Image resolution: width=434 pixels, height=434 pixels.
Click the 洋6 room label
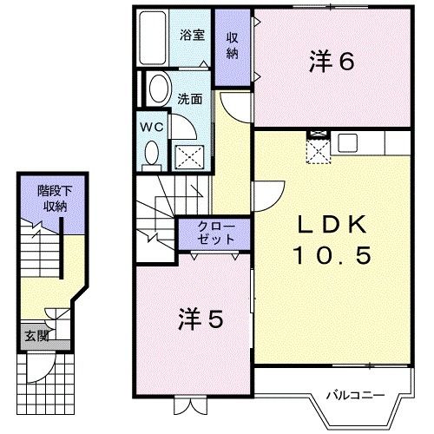331,61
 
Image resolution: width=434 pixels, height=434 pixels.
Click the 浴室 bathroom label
192,36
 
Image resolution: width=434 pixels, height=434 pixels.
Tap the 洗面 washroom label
191,98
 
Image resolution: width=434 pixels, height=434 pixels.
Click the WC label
151,127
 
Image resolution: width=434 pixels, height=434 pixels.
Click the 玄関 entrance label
35,335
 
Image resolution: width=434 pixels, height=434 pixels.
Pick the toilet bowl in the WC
152,155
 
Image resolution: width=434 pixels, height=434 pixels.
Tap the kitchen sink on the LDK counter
349,142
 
